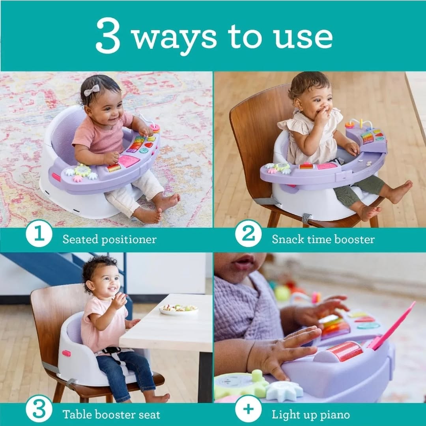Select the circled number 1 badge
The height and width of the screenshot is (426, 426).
point(39,234)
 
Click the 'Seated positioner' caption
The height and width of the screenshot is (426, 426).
point(109,239)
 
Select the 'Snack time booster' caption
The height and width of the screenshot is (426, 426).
point(323,239)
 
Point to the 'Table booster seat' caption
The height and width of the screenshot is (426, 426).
point(111,415)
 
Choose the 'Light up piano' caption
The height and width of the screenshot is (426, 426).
point(310,415)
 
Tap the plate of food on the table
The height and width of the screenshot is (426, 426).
point(179,309)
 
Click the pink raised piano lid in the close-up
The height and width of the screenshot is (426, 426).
point(392,325)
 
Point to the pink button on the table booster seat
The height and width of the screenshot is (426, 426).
point(65,353)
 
